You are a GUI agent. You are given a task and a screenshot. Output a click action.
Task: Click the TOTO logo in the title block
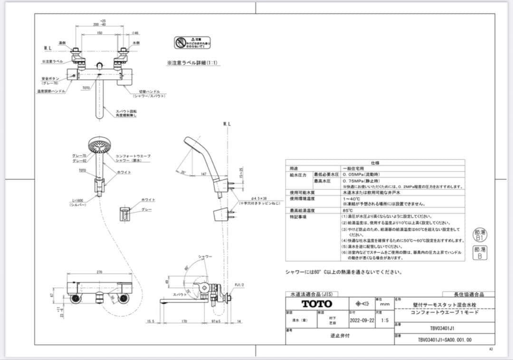point(317,304)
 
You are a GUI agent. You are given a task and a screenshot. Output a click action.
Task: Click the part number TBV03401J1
point(443,328)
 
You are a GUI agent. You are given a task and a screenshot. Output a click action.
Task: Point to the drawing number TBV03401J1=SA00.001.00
point(445,340)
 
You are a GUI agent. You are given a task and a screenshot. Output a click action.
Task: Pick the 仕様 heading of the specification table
point(375,162)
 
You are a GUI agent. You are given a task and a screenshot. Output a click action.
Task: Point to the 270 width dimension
point(99,272)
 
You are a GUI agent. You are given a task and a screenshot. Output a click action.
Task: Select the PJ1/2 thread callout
point(239,285)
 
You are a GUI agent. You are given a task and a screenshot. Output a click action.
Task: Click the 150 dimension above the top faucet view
point(99,33)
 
